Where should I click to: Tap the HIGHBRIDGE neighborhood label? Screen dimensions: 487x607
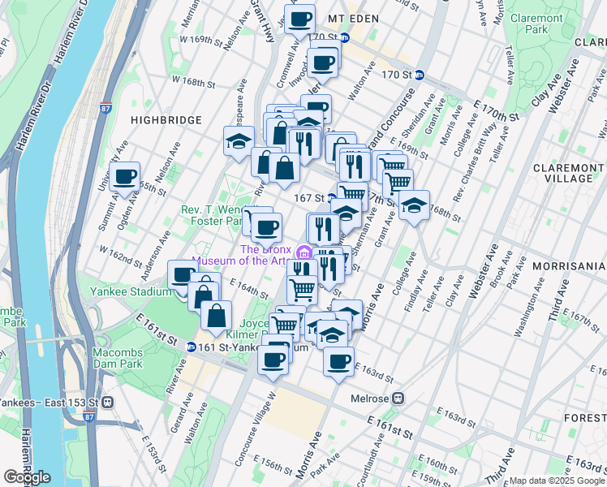pyautogui.click(x=166, y=119)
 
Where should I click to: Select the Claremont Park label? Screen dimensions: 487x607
pyautogui.click(x=537, y=24)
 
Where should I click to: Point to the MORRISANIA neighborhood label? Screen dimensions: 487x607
pyautogui.click(x=568, y=265)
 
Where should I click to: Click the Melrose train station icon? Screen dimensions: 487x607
pyautogui.click(x=398, y=398)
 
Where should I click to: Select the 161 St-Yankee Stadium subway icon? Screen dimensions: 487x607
pyautogui.click(x=190, y=347)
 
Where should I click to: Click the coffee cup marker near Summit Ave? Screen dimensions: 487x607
pyautogui.click(x=125, y=176)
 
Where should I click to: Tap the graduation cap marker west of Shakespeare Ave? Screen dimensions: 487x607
pyautogui.click(x=239, y=140)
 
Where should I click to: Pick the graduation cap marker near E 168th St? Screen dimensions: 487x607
pyautogui.click(x=414, y=205)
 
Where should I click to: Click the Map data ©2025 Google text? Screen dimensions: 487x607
pyautogui.click(x=557, y=481)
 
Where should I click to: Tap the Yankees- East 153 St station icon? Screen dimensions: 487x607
pyautogui.click(x=107, y=402)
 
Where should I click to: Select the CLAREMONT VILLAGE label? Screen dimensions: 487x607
pyautogui.click(x=563, y=172)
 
